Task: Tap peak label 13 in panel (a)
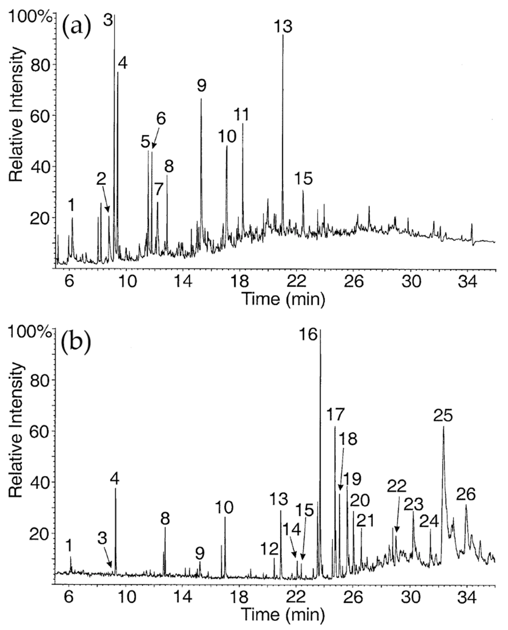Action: coord(283,26)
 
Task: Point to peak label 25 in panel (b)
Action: coord(443,416)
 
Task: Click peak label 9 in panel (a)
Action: coord(201,86)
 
